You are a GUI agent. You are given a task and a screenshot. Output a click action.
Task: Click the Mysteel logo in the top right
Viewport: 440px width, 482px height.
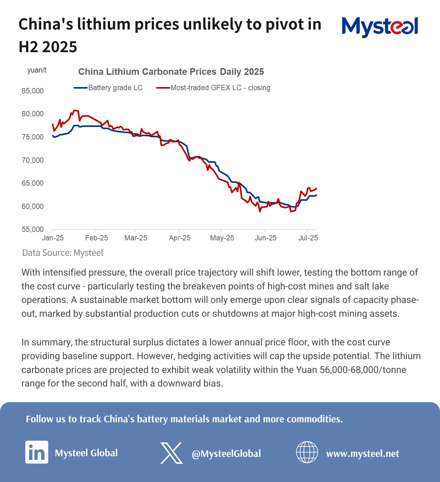point(380,27)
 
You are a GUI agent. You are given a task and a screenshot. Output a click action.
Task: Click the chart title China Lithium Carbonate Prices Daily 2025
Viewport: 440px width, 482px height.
point(171,72)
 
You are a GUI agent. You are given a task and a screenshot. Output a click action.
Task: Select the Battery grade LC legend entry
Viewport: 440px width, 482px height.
point(109,88)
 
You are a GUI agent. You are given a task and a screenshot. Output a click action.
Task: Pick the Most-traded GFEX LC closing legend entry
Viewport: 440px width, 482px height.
point(214,88)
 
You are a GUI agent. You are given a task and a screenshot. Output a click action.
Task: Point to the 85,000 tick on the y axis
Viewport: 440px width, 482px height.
point(33,91)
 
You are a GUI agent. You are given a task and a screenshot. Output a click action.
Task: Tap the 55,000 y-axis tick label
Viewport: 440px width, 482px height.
point(33,229)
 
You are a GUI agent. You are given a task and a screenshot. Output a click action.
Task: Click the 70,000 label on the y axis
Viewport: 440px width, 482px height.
point(33,160)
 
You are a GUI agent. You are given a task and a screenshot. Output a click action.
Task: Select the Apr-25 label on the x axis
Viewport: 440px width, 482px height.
point(179,238)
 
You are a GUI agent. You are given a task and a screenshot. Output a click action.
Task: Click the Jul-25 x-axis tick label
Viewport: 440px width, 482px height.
point(308,238)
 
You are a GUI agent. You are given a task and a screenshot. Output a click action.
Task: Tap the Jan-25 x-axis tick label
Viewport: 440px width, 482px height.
point(53,238)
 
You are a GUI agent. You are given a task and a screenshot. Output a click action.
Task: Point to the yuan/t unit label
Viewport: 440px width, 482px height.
point(37,70)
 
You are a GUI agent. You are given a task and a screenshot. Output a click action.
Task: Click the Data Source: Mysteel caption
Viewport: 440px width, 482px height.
point(63,253)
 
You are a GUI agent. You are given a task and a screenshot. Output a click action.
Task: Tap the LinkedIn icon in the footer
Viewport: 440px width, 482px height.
point(37,452)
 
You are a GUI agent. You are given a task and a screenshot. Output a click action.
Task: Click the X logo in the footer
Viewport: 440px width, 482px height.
point(171,453)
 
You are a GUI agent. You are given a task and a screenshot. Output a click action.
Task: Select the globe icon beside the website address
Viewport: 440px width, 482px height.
point(307,452)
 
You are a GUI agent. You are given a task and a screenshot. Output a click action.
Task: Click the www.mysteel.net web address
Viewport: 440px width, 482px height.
point(362,453)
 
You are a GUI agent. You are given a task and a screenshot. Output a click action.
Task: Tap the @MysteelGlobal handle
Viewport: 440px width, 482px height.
point(226,453)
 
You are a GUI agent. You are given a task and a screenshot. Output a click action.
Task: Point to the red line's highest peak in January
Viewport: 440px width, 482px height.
point(75,110)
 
